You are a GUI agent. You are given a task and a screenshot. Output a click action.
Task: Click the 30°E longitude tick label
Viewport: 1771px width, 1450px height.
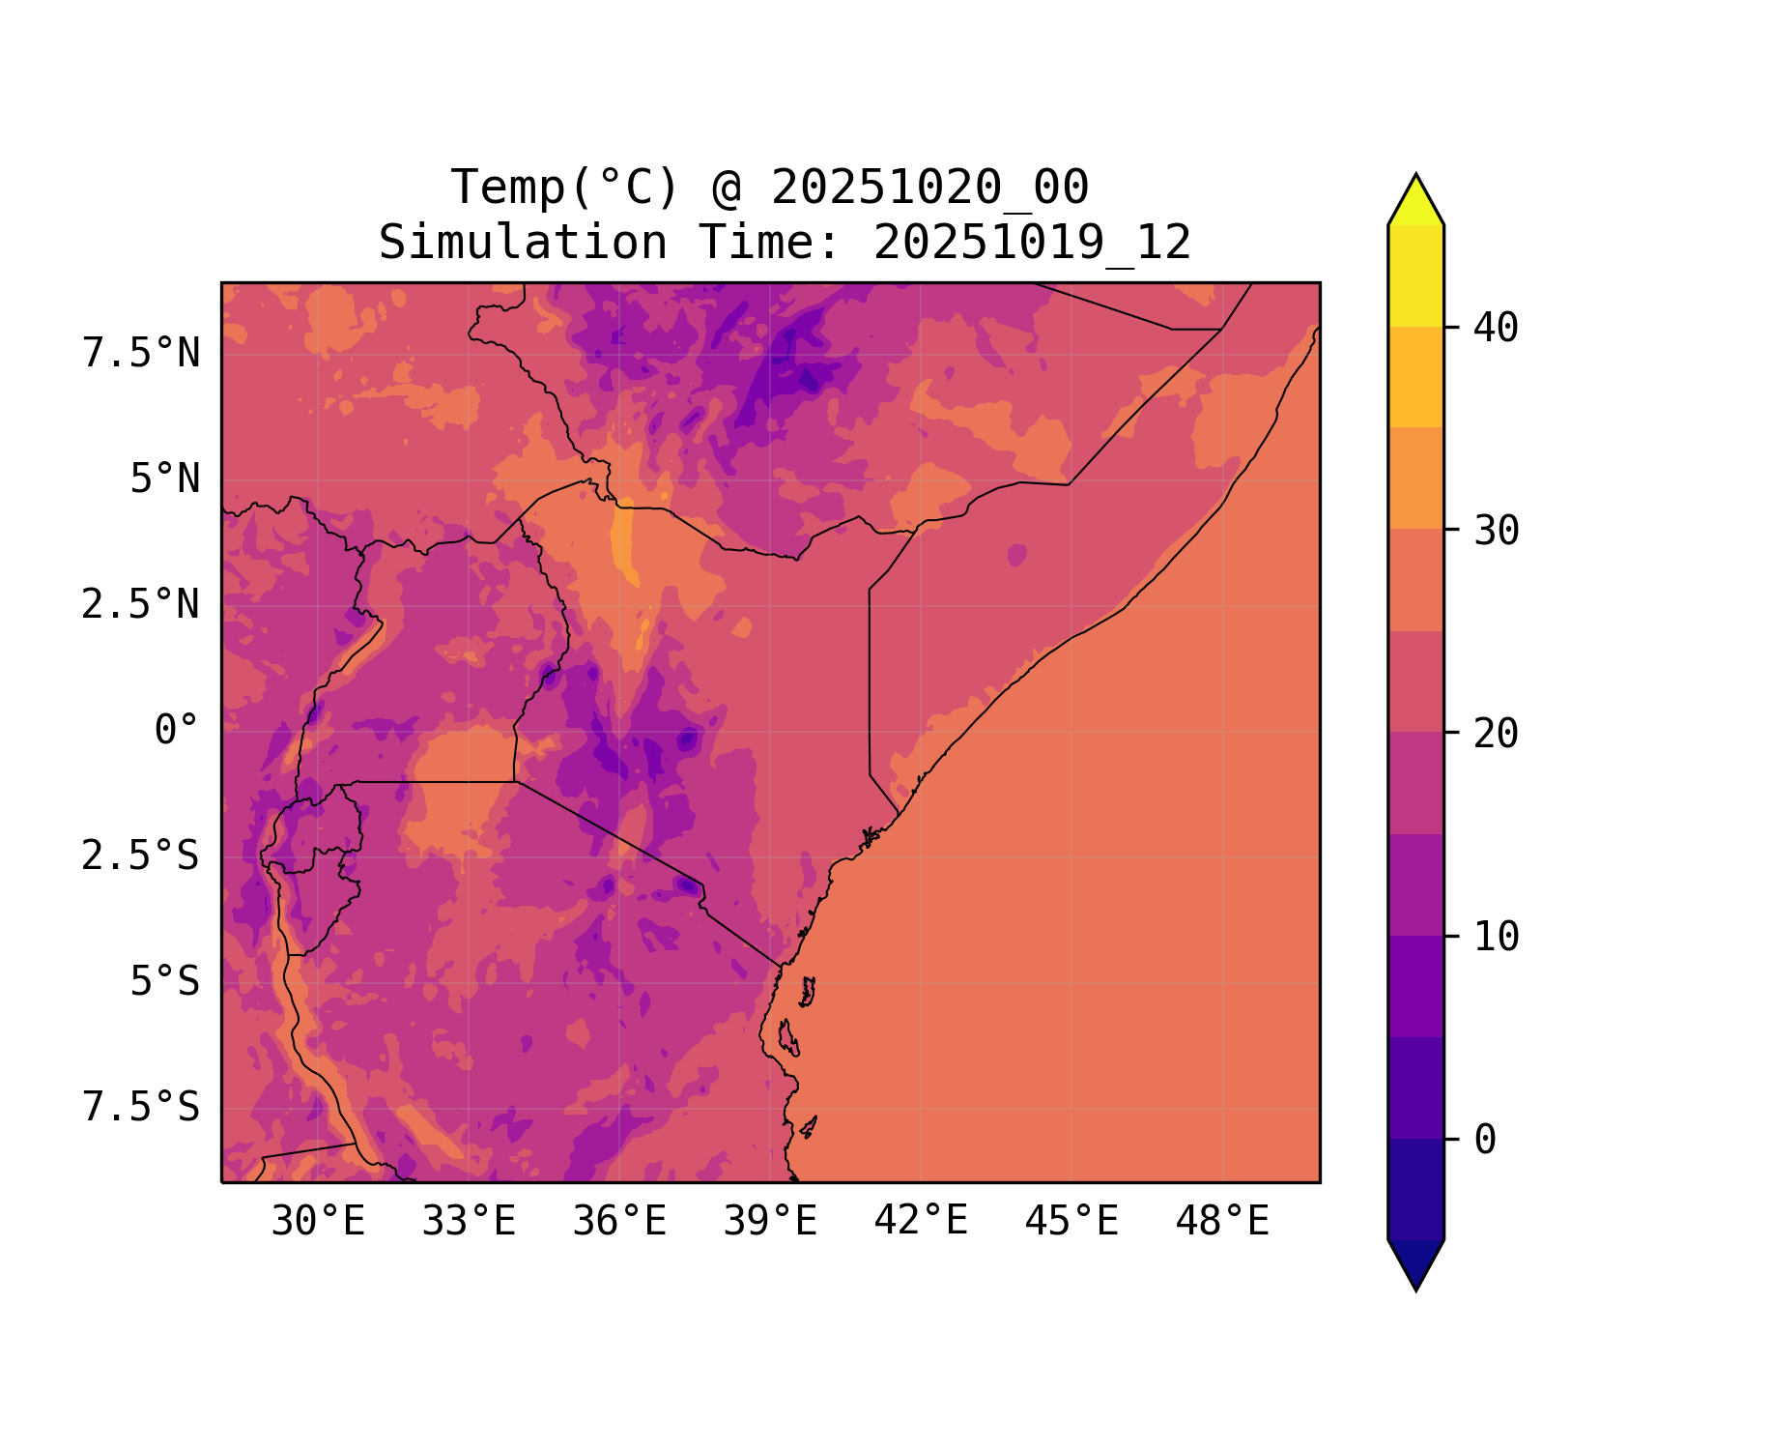pyautogui.click(x=318, y=1222)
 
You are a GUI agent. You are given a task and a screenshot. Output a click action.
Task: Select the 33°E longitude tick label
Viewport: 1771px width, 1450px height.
pyautogui.click(x=469, y=1222)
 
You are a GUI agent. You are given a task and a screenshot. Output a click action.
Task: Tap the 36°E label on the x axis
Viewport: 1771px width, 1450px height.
pyautogui.click(x=619, y=1222)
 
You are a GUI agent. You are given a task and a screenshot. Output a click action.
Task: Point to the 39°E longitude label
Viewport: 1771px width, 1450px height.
pyautogui.click(x=770, y=1222)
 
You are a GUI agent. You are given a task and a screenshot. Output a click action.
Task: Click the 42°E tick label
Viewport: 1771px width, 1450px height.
pyautogui.click(x=921, y=1221)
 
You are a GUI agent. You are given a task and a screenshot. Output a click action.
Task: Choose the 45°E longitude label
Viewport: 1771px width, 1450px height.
pyautogui.click(x=1071, y=1222)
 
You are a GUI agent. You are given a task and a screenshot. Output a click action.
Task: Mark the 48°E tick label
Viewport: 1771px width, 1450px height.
pyautogui.click(x=1222, y=1222)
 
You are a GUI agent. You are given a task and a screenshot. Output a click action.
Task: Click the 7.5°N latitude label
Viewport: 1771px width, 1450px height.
pyautogui.click(x=141, y=354)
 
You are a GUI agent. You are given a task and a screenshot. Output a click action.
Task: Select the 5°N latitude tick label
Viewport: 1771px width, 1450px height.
pyautogui.click(x=165, y=479)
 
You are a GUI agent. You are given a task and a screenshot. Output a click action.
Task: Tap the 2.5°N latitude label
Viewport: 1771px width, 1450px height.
pyautogui.click(x=141, y=605)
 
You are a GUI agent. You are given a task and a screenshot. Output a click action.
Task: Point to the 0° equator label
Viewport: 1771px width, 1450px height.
pyautogui.click(x=177, y=731)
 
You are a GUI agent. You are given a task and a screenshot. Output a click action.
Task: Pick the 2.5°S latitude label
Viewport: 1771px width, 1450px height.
pyautogui.click(x=141, y=856)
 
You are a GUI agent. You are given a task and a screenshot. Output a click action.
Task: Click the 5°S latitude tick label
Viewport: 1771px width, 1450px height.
pyautogui.click(x=165, y=982)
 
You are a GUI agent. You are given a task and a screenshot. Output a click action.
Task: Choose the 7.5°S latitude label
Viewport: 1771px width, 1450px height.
pyautogui.click(x=141, y=1108)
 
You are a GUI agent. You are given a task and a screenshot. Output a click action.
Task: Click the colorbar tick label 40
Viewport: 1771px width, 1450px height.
pyautogui.click(x=1497, y=328)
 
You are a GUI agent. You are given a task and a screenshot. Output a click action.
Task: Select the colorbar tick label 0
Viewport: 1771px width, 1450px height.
pyautogui.click(x=1485, y=1140)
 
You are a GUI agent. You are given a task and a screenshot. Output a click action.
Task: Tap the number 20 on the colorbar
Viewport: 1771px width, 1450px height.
pyautogui.click(x=1497, y=734)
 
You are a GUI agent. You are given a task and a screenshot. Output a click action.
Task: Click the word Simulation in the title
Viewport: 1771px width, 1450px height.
pyautogui.click(x=523, y=243)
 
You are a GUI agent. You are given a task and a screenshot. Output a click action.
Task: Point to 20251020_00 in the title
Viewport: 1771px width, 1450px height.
pyautogui.click(x=930, y=188)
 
